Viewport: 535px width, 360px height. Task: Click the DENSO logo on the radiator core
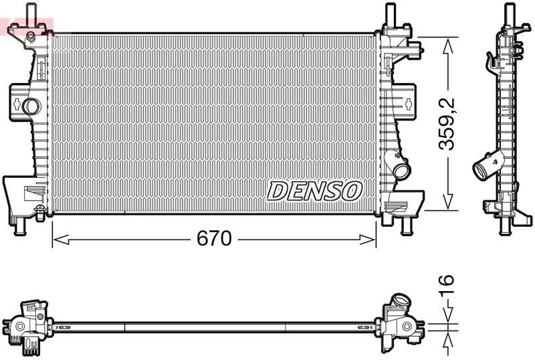pyautogui.click(x=314, y=191)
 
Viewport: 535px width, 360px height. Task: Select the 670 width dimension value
pyautogui.click(x=213, y=238)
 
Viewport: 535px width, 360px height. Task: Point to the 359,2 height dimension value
pyautogui.click(x=447, y=123)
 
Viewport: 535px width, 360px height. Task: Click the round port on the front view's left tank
pyautogui.click(x=31, y=106)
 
